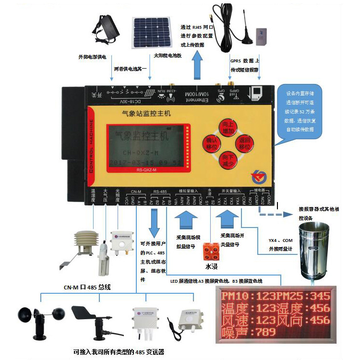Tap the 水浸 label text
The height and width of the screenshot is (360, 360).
tap(208, 265)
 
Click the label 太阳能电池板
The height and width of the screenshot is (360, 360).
tap(168, 56)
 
